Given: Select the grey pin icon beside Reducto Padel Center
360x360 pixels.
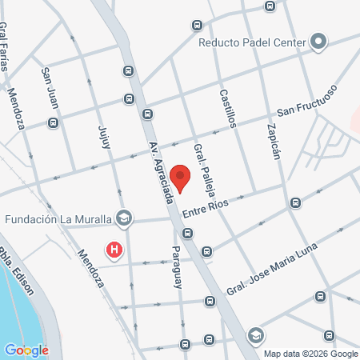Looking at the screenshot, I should click(x=318, y=41).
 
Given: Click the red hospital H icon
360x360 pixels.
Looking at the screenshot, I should click(x=115, y=250).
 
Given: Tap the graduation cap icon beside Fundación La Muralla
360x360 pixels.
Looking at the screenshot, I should click(x=123, y=218).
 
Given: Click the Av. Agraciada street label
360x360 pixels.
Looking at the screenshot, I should click(x=161, y=171).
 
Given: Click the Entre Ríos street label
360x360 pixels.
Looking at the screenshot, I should click(x=206, y=206).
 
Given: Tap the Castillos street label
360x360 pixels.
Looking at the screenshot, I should click(x=228, y=108).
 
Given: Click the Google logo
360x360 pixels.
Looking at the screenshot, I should click(x=26, y=350).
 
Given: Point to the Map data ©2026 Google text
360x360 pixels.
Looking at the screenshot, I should click(x=311, y=354).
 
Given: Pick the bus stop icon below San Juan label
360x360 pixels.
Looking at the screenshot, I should click(x=54, y=123).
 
